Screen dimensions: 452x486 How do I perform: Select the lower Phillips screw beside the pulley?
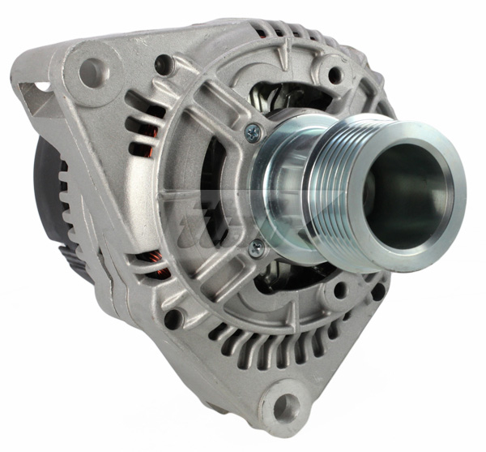(x=255, y=249)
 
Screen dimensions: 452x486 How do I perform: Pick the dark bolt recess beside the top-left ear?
(x=164, y=62)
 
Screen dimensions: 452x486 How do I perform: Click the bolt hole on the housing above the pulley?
(x=335, y=75)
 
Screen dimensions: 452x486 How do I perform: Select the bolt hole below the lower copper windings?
(x=173, y=317)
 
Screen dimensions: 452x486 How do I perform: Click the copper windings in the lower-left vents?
(x=154, y=264)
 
